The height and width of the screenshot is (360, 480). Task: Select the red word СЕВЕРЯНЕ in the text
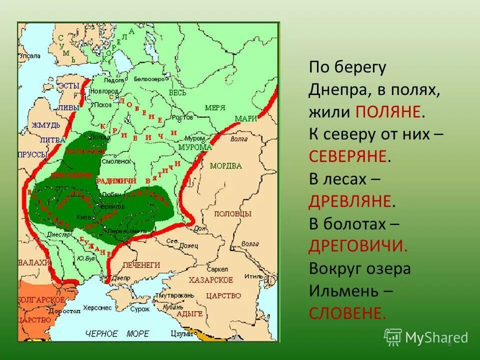pos(348,156)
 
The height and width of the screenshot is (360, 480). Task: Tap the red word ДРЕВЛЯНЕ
pos(349,201)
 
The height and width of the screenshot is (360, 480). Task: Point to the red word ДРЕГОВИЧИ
pos(358,246)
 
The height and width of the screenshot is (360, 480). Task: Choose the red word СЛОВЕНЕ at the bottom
pos(347,313)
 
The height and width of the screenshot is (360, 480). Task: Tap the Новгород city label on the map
pos(104,91)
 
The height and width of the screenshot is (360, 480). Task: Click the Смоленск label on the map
pos(116,161)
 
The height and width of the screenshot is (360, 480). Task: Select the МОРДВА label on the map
pos(225,166)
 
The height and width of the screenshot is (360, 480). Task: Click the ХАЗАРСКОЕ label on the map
pos(210,279)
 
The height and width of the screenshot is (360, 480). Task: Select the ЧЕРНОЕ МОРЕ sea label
pos(117,333)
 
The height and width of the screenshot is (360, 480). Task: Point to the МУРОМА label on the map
pos(195,147)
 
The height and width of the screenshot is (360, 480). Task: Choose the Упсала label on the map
pos(29,56)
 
